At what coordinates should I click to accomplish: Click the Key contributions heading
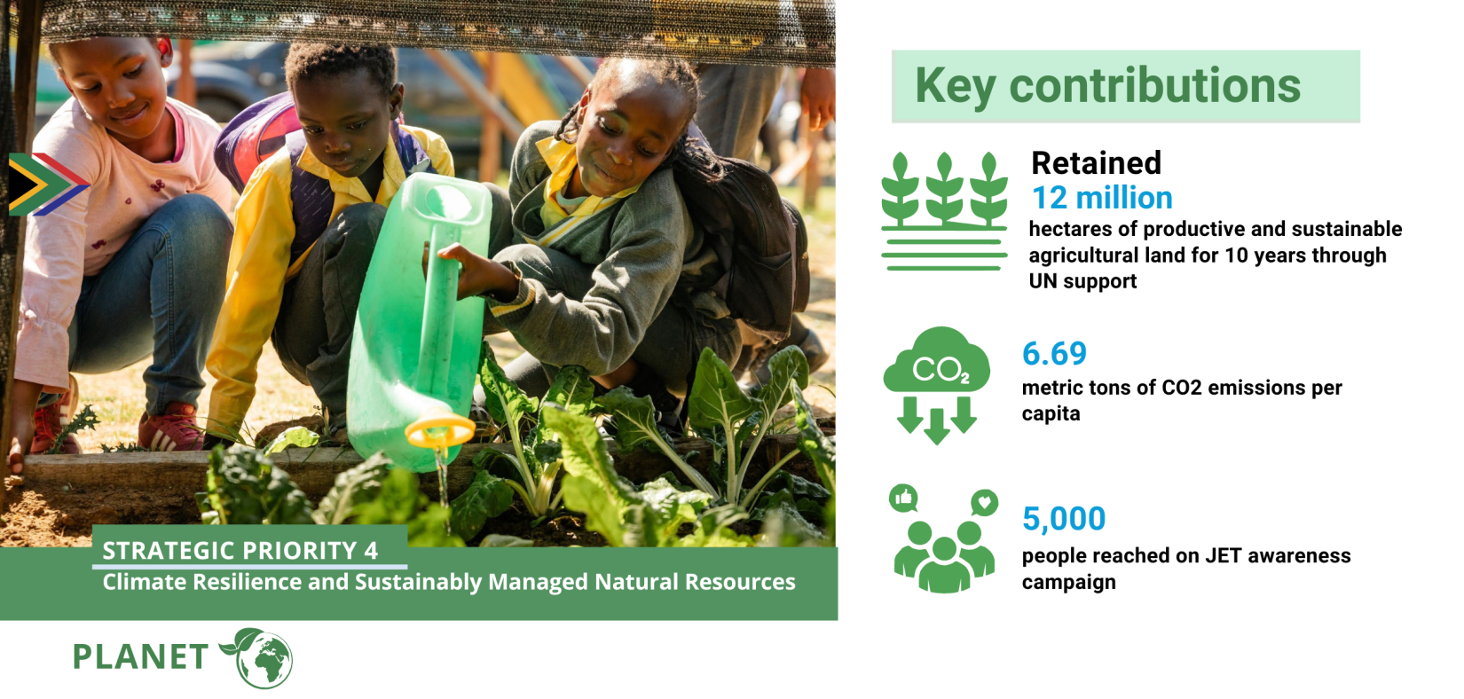tap(1108, 86)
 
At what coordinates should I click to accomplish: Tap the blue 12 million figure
tap(1102, 198)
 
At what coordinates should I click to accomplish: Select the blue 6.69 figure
tap(1054, 354)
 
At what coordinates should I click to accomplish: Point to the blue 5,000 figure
tap(1063, 519)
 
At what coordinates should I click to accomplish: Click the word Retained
tap(1096, 163)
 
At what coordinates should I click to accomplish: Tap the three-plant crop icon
tap(944, 211)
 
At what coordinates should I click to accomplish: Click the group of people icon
tap(944, 556)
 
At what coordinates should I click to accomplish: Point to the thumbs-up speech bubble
tap(904, 499)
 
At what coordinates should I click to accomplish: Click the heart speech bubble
tap(984, 502)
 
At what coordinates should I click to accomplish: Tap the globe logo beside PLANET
tap(259, 658)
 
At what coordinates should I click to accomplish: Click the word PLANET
tap(140, 657)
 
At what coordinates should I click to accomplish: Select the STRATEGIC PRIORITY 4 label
tap(240, 551)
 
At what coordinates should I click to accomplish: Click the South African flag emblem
tap(47, 185)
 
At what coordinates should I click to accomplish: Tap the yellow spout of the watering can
tap(440, 431)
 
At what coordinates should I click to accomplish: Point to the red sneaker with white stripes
tap(171, 428)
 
